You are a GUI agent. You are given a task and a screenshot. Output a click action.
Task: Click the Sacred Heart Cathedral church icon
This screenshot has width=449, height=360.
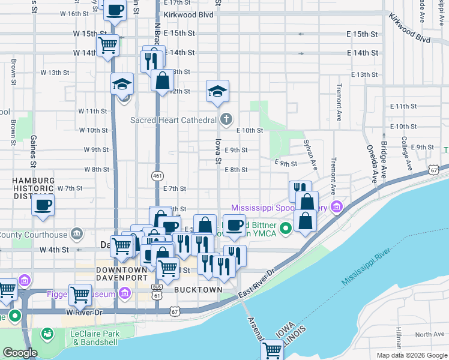click(x=225, y=119)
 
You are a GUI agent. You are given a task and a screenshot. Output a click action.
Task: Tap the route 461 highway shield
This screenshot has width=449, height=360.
click(x=157, y=175)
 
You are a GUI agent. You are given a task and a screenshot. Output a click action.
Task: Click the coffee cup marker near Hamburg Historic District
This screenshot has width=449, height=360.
click(x=43, y=205)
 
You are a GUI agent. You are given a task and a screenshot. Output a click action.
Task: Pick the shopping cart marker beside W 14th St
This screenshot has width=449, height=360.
click(x=107, y=45)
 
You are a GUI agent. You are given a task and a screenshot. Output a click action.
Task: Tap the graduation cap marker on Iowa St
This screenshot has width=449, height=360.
click(x=217, y=91)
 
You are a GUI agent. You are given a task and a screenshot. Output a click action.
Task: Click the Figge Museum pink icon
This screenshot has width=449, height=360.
click(x=124, y=293)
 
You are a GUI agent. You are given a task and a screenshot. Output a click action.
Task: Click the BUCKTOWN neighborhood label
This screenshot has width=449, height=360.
click(x=198, y=290)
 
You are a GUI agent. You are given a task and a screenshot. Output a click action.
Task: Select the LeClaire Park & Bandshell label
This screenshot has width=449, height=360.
click(x=96, y=338)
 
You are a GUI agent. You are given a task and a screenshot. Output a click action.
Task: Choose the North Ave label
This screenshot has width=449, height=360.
click(x=429, y=334)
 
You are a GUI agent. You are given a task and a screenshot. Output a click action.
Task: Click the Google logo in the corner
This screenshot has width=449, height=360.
click(x=19, y=353)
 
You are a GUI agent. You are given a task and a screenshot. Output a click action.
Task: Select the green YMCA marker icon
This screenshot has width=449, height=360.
click(x=286, y=227)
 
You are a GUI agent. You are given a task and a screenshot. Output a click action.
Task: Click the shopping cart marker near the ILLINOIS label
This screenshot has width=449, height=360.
click(x=273, y=349)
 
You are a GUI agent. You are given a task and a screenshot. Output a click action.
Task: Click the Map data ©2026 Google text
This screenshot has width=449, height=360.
click(x=411, y=355)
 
